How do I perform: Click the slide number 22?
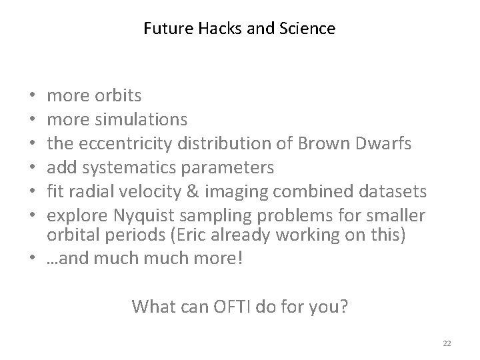pyautogui.click(x=447, y=343)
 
